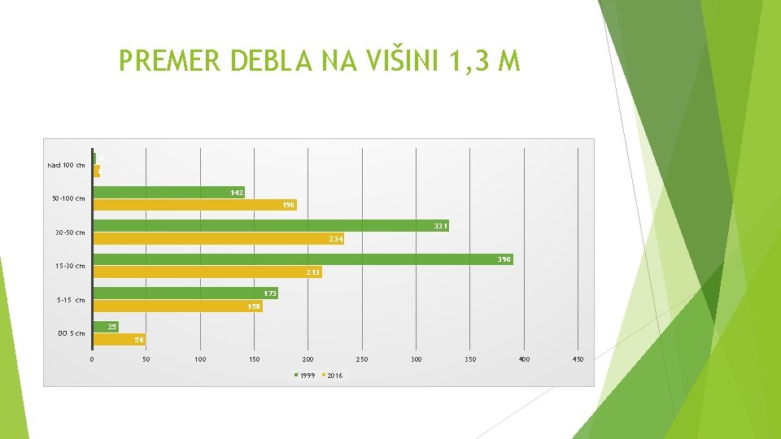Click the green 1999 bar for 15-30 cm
click(x=301, y=259)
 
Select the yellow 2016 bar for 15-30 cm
click(x=207, y=272)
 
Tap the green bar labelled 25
click(x=105, y=327)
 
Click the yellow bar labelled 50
click(x=118, y=339)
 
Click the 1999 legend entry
click(x=303, y=376)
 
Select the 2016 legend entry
click(x=332, y=376)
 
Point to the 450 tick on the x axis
click(x=578, y=359)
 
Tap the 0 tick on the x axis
click(x=92, y=359)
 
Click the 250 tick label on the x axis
click(x=361, y=359)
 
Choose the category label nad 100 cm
click(x=66, y=165)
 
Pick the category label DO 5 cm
click(x=71, y=333)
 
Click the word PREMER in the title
click(x=170, y=61)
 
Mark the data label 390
click(x=504, y=259)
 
